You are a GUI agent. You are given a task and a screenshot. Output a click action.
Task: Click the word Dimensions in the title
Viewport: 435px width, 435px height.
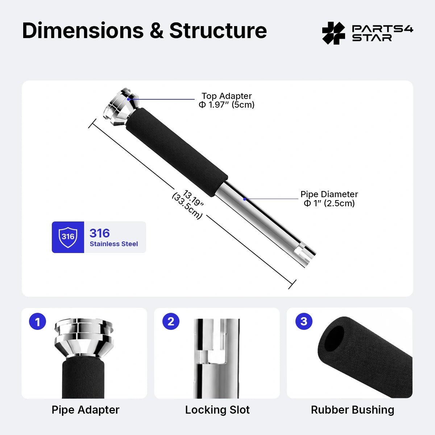83,30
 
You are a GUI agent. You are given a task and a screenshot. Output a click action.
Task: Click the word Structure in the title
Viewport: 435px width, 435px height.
218,30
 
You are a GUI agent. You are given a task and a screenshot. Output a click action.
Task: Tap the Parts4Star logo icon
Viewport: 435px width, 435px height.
333,33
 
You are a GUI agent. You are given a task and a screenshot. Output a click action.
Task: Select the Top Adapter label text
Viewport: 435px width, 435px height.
227,96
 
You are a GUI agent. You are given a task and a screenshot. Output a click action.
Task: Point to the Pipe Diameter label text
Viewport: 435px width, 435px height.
329,194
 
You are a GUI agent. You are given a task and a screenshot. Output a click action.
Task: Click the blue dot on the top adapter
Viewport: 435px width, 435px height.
128,99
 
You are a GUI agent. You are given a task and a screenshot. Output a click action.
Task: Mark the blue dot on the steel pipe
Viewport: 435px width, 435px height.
244,199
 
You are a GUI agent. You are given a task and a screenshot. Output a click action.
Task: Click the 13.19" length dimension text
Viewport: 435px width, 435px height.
193,198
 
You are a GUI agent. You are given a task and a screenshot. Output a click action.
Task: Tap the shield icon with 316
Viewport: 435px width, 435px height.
68,237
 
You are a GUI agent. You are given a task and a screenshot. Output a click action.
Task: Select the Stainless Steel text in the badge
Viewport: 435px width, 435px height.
114,244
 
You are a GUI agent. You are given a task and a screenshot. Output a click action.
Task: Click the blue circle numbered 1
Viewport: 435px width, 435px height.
37,321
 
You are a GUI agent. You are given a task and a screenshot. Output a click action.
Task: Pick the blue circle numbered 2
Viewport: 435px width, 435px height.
171,321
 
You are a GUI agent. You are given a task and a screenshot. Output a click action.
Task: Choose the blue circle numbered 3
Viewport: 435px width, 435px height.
304,321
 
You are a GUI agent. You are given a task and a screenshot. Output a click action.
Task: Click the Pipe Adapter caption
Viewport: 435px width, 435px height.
85,410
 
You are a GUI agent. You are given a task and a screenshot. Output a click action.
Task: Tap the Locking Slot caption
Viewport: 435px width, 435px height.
217,410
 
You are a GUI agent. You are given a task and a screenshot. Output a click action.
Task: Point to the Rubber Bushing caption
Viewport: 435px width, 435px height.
353,410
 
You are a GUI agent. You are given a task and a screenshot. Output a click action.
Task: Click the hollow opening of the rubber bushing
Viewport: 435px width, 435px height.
334,339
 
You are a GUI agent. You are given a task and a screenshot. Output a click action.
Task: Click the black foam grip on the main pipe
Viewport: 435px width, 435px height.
177,152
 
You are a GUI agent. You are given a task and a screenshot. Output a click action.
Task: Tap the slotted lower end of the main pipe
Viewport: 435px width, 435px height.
306,254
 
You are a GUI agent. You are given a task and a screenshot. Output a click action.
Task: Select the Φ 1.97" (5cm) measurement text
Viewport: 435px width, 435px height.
227,105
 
